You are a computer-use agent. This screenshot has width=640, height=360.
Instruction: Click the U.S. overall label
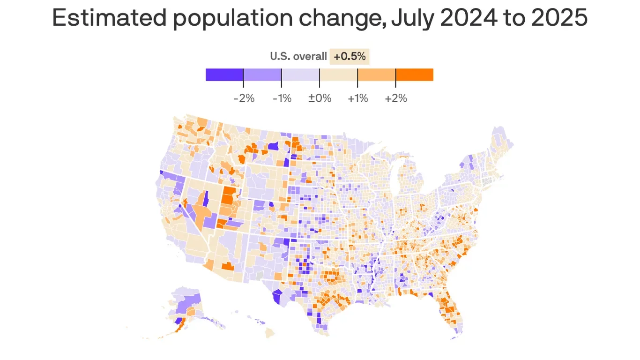click(298, 57)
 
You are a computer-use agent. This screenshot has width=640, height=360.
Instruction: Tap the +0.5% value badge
click(350, 57)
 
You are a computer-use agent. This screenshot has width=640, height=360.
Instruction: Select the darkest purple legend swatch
click(224, 75)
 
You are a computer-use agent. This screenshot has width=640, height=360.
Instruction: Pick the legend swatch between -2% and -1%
click(262, 75)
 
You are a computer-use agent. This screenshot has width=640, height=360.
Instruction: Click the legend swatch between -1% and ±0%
click(300, 75)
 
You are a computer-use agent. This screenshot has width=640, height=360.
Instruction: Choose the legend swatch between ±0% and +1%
click(338, 75)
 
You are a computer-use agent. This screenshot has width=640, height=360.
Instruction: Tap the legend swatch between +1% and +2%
click(376, 75)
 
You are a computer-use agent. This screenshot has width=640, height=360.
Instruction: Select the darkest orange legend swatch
click(415, 75)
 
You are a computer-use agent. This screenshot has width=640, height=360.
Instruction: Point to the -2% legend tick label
click(244, 99)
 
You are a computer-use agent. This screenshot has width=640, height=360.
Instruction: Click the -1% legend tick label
click(281, 99)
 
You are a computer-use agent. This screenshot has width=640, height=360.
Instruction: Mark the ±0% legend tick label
click(320, 99)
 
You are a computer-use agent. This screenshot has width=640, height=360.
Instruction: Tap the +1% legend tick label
click(357, 99)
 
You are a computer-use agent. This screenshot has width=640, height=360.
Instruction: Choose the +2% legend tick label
click(396, 99)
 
